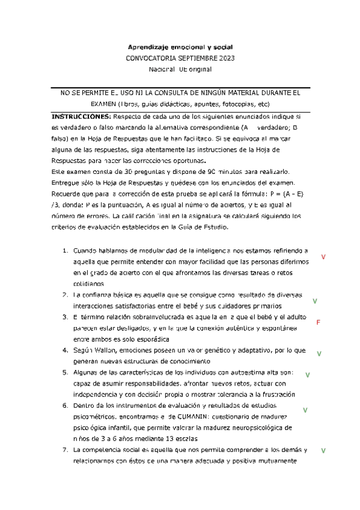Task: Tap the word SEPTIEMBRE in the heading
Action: click(x=191, y=58)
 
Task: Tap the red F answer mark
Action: click(x=318, y=322)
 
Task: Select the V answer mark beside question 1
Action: click(x=323, y=257)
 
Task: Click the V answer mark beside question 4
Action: click(x=319, y=354)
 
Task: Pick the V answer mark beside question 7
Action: click(x=323, y=450)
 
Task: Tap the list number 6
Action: click(x=66, y=406)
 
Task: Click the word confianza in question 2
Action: click(x=97, y=295)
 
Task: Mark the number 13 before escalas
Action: click(x=146, y=438)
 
